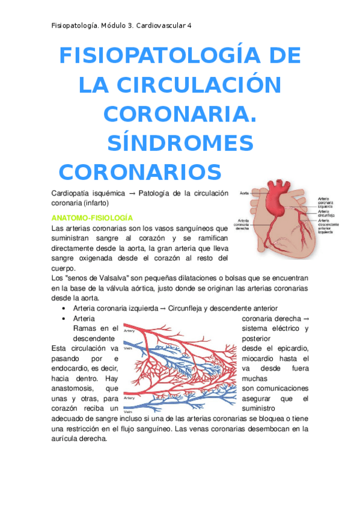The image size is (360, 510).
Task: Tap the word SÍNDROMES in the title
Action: tap(180, 143)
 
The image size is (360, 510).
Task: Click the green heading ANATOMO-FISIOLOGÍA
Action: tap(93, 217)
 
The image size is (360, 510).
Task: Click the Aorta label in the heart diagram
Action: tap(245, 193)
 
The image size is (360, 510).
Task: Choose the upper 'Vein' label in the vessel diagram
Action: tap(127, 348)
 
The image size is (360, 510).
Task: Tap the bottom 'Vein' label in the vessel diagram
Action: tap(127, 411)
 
